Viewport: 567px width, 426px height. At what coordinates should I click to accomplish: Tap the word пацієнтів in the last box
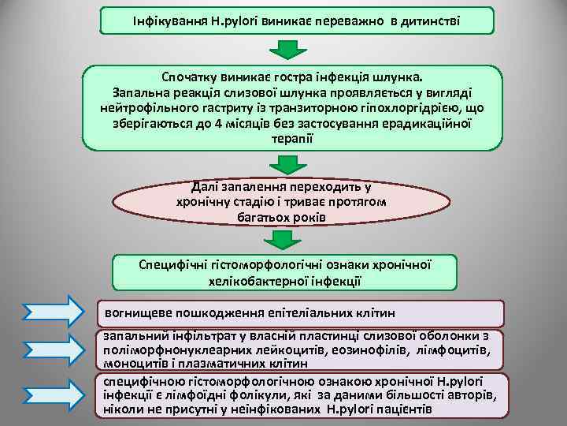[x=401, y=409]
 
